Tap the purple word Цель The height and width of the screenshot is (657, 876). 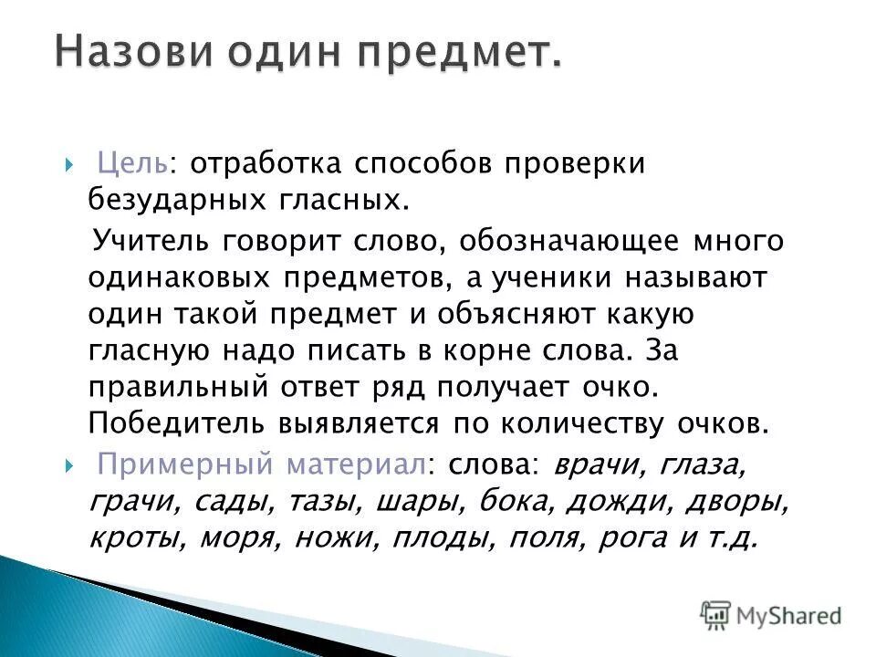131,164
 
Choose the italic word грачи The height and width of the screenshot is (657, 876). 127,502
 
